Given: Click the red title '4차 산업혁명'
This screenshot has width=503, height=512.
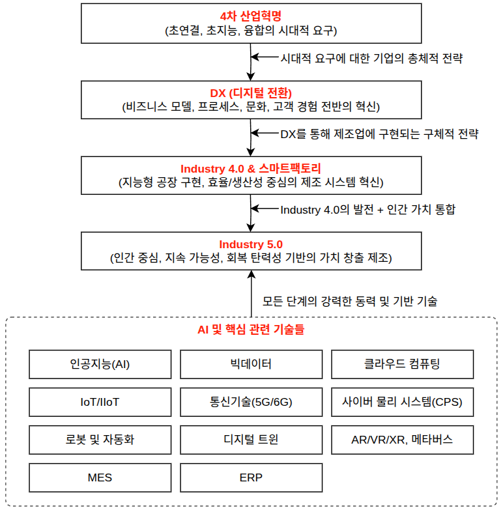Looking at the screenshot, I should [251, 16].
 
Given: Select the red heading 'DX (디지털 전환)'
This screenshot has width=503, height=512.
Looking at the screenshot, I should [251, 92].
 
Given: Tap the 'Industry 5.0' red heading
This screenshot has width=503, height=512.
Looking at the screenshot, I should [251, 244].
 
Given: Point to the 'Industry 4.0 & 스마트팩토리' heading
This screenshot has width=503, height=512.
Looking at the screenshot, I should [251, 168].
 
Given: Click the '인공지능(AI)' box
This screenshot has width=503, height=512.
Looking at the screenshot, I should [100, 364].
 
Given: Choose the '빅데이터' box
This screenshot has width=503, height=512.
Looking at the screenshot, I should [251, 364].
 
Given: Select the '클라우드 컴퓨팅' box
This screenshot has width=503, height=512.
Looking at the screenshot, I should [402, 364].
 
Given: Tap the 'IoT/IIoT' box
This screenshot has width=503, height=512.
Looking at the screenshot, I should [100, 402].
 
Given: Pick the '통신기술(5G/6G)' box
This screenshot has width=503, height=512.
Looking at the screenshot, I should [251, 402].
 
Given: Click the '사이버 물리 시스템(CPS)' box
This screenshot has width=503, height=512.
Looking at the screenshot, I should [402, 402].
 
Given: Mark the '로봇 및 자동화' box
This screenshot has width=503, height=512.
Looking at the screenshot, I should [100, 440].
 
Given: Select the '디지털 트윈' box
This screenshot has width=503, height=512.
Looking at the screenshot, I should [251, 440].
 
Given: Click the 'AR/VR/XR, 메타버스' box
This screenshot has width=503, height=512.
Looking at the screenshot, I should [402, 440].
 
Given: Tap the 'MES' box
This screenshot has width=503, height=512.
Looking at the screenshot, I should [100, 477].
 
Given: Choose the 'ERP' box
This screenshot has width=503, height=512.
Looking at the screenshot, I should [251, 477].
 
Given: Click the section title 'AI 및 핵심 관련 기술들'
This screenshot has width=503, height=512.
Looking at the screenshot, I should [251, 330].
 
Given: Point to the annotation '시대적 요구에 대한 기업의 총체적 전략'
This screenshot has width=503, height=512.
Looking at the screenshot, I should [371, 58].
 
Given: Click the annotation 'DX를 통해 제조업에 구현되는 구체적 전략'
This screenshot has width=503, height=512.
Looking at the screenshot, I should [379, 134].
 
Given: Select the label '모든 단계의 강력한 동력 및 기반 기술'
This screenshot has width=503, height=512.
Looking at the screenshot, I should [349, 302].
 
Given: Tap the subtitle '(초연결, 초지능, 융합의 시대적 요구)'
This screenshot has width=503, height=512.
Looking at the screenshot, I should [251, 30].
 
